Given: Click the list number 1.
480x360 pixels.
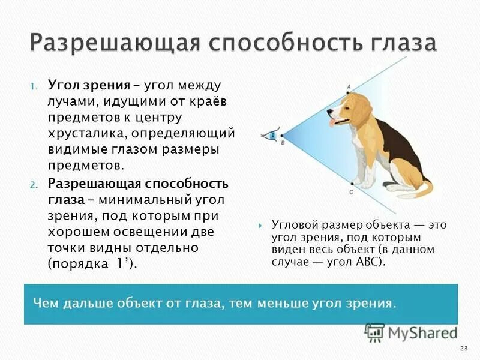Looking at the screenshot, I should click(34, 88).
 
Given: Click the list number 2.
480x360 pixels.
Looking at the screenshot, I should click(34, 184).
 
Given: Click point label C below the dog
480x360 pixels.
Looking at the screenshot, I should click(350, 192).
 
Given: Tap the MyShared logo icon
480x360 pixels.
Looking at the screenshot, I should click(374, 332).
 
